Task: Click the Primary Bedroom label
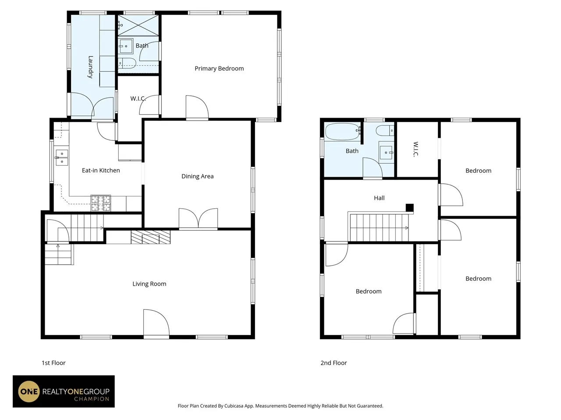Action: point(219,69)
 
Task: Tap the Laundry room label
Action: point(90,67)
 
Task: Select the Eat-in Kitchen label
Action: point(101,170)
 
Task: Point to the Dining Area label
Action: point(197,176)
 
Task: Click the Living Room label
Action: point(149,284)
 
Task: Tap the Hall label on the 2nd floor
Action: point(379,198)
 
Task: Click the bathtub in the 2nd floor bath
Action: point(343,131)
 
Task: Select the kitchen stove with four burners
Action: point(101,203)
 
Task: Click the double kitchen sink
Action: point(62,157)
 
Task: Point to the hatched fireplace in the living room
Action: point(150,237)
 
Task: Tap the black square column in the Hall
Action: point(410,208)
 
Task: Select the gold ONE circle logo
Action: point(29,392)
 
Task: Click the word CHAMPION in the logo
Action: point(92,399)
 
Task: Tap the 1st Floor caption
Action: point(53,363)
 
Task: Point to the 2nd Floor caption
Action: point(334,363)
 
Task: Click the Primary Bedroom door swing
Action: point(197,107)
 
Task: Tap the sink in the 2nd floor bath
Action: point(386,153)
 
